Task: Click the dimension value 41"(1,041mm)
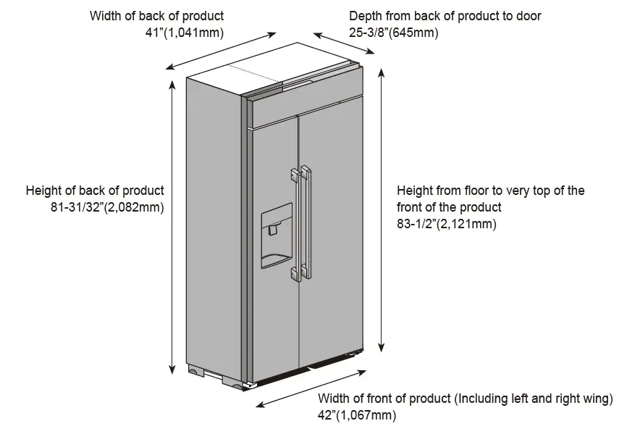click(184, 33)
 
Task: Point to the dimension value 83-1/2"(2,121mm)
click(446, 224)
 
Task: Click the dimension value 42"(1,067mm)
click(357, 415)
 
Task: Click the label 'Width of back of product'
click(156, 15)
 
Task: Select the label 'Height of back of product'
click(95, 191)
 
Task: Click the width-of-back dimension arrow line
click(222, 50)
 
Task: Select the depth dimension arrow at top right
click(344, 43)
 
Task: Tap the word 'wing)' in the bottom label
click(597, 398)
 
